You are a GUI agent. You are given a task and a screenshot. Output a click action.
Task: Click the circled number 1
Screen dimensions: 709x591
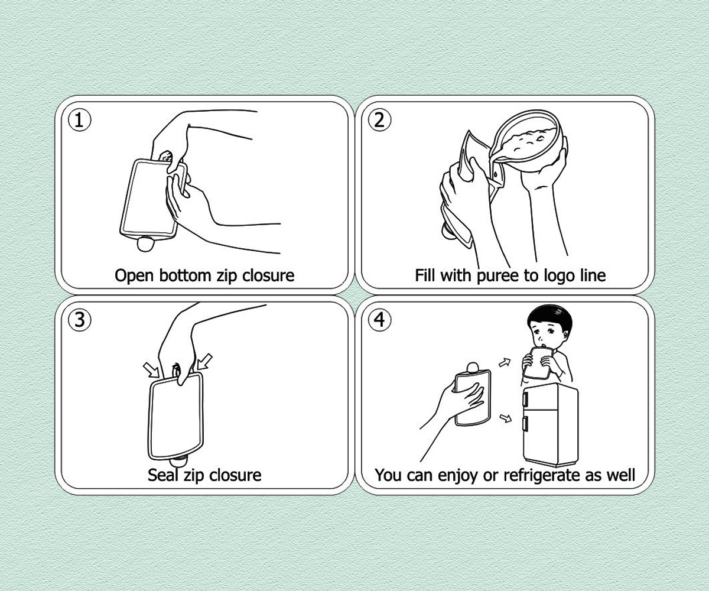79,120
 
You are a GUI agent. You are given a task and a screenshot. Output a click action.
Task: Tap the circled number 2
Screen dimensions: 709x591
380,120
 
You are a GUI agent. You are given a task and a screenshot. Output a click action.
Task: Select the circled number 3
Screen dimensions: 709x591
79,320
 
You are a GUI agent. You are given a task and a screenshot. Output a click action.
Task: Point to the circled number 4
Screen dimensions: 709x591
380,320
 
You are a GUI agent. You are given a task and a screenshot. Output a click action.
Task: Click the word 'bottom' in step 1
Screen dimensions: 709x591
185,275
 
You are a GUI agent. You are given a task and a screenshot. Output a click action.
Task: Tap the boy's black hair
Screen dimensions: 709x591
551,317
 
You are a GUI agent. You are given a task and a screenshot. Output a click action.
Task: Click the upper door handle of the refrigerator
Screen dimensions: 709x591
526,398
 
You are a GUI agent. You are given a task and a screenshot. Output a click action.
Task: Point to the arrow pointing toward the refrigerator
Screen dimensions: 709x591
506,418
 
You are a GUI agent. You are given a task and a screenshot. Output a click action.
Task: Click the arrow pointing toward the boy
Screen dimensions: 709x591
505,363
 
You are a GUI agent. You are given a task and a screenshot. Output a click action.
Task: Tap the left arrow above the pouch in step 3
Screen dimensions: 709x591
151,370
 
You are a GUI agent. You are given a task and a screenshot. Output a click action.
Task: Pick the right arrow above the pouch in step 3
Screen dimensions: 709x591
205,361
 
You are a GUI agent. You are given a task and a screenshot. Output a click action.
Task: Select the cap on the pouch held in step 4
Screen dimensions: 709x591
473,368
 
